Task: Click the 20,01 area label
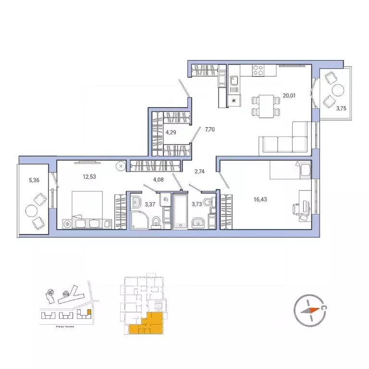point(289,96)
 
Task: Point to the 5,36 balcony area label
point(34,180)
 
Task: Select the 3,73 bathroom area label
point(197,204)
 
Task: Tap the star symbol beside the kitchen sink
point(234,100)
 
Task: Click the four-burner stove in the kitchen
point(257,70)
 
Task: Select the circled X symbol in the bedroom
point(121,166)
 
